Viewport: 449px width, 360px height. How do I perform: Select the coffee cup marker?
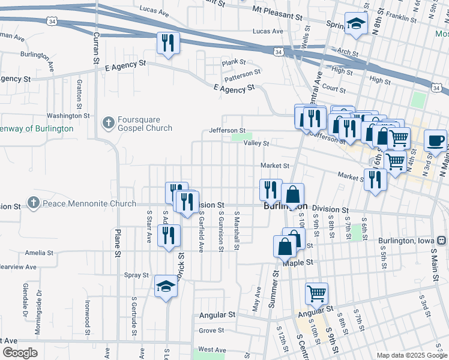point(435,140)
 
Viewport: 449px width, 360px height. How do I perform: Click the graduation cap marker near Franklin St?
point(356,24)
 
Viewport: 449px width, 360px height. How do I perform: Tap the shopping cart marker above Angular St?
point(316,293)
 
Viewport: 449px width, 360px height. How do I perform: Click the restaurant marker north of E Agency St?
point(167,43)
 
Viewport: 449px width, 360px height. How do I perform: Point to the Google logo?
point(20,353)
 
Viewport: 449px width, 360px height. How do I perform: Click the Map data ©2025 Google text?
point(412,355)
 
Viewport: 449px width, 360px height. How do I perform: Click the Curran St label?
point(95,48)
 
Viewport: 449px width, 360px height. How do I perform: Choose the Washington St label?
point(68,115)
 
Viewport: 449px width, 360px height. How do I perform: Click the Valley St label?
point(256,143)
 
